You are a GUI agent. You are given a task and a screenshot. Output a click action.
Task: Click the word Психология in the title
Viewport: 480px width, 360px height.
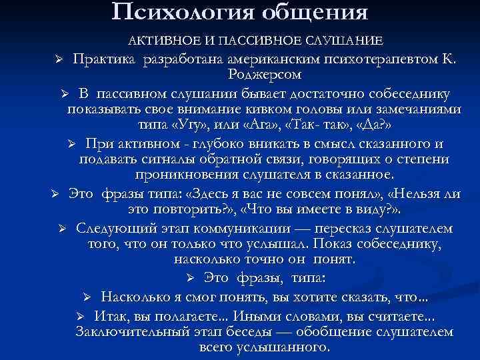(169, 12)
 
